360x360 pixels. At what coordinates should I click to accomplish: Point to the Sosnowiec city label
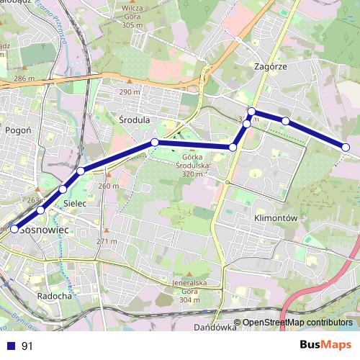tap(45, 229)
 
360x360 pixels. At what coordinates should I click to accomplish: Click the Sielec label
tap(76, 204)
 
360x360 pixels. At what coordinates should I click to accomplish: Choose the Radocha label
tap(53, 295)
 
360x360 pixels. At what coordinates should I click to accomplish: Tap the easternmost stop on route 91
tap(346, 147)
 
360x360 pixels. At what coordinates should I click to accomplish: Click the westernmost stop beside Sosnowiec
tap(14, 229)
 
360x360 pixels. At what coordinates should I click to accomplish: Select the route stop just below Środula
tap(154, 142)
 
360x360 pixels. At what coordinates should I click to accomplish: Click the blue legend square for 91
tap(12, 346)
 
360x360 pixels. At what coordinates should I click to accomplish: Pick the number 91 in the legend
tap(27, 346)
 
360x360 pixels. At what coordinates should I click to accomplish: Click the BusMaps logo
tap(325, 345)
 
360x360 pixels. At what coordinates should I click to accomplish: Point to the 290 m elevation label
tap(130, 92)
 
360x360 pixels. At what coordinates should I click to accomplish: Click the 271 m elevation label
tap(107, 240)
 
